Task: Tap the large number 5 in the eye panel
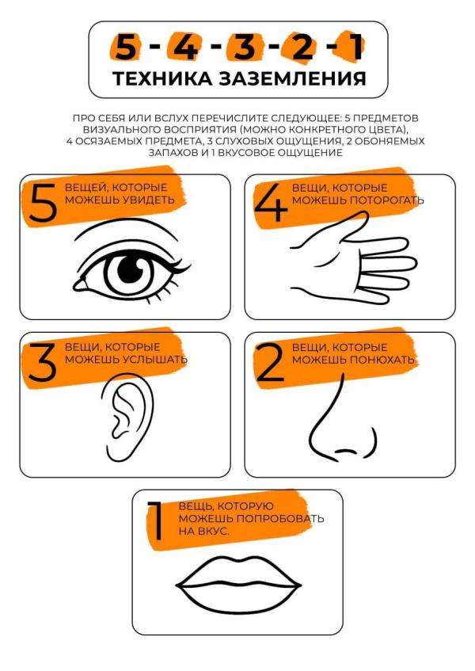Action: pos(44,204)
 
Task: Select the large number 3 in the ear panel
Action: pos(42,362)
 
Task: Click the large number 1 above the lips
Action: pos(156,521)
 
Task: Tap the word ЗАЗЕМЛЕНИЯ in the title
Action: pos(293,78)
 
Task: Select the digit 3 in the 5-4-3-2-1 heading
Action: pos(244,47)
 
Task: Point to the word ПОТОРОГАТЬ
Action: pos(387,200)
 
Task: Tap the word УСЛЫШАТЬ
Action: pos(155,359)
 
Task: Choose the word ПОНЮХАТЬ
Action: pos(382,360)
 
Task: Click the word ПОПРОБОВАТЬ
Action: pos(280,519)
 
